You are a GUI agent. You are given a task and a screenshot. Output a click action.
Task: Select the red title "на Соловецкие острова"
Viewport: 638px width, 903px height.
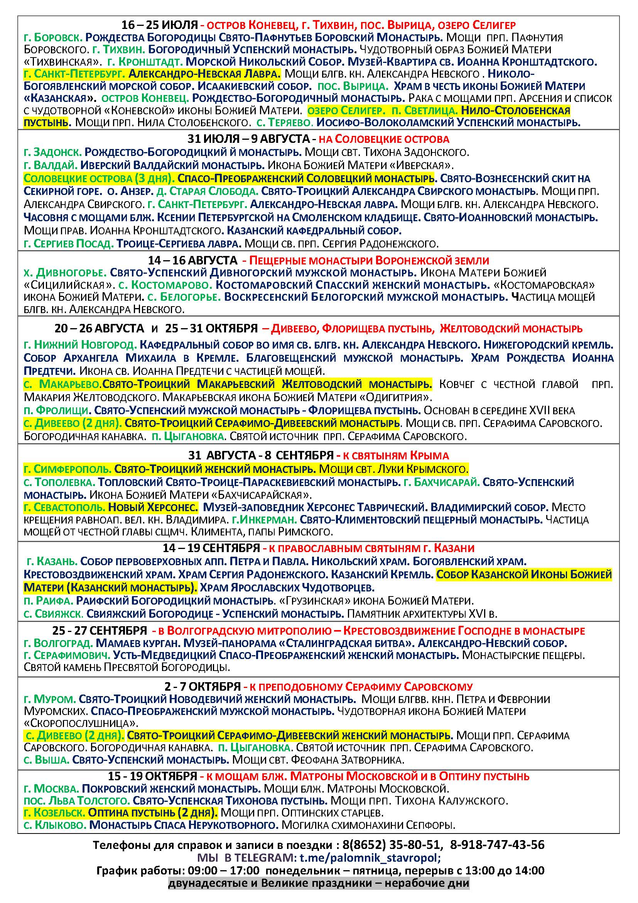pos(383,139)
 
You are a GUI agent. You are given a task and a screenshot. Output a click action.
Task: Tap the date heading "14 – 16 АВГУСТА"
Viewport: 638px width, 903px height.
pos(192,260)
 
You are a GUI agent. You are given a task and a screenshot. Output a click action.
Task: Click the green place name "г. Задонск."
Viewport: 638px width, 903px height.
pos(52,152)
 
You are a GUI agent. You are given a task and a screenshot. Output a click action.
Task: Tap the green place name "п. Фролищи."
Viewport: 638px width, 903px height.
pos(56,411)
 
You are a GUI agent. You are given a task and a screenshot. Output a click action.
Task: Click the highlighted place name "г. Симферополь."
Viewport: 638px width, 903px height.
pos(68,469)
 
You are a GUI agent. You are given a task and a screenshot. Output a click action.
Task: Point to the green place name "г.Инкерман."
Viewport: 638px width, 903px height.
pos(264,520)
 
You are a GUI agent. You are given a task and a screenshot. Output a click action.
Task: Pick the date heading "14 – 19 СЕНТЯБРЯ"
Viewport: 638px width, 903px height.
pos(211,548)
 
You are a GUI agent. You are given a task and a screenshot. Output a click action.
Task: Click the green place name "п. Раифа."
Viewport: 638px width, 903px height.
pos(49,601)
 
